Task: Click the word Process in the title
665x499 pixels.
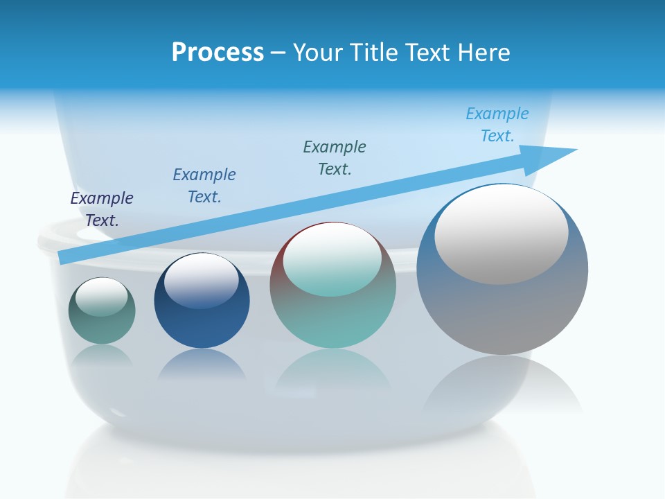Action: coord(218,53)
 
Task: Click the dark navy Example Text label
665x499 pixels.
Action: coord(102,209)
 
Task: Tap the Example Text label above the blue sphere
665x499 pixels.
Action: coord(204,186)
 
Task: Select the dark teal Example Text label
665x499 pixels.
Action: coord(335,157)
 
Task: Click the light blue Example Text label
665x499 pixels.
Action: coord(497,125)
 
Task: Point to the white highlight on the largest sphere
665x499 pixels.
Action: coord(501,234)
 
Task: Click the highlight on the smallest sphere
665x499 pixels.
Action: coord(102,297)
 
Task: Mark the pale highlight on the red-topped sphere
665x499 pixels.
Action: coord(332,259)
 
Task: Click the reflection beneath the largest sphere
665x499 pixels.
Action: coord(502,388)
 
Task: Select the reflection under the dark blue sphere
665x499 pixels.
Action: coord(202,364)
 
